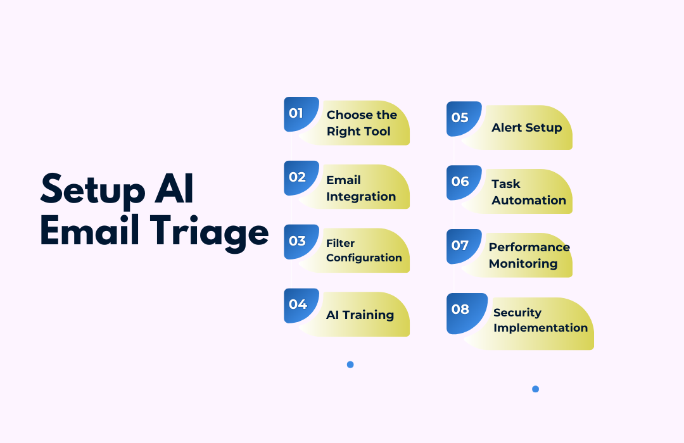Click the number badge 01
tap(301, 114)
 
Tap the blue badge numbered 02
tap(301, 178)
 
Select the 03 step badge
tap(301, 242)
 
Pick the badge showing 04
tap(301, 305)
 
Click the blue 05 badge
tap(464, 118)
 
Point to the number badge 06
tap(464, 182)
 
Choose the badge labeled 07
tap(464, 246)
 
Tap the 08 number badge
tap(467, 313)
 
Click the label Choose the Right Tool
tap(362, 123)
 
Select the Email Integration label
tap(361, 189)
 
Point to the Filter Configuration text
tap(364, 251)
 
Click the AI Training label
tap(360, 315)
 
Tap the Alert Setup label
tap(526, 127)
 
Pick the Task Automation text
tap(529, 192)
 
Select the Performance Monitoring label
tap(529, 256)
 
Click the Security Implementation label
tap(540, 320)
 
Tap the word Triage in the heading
tap(210, 232)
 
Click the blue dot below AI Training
tap(350, 365)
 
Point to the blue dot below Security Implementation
tap(536, 389)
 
